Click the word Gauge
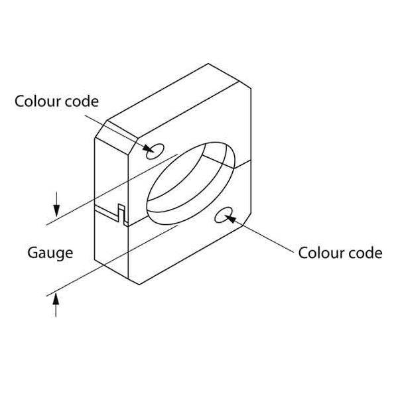point(50,253)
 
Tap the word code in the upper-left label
point(82,101)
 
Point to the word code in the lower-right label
point(365,253)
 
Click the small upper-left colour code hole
point(155,151)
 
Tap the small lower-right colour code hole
point(224,215)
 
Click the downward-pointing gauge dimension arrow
point(56,204)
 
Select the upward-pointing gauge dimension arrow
point(56,305)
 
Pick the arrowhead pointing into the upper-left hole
point(148,149)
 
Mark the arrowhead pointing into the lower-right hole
point(230,219)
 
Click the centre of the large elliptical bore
point(191,183)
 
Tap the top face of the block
point(173,101)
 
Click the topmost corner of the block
point(208,64)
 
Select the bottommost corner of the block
point(139,285)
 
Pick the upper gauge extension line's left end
point(46,225)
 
